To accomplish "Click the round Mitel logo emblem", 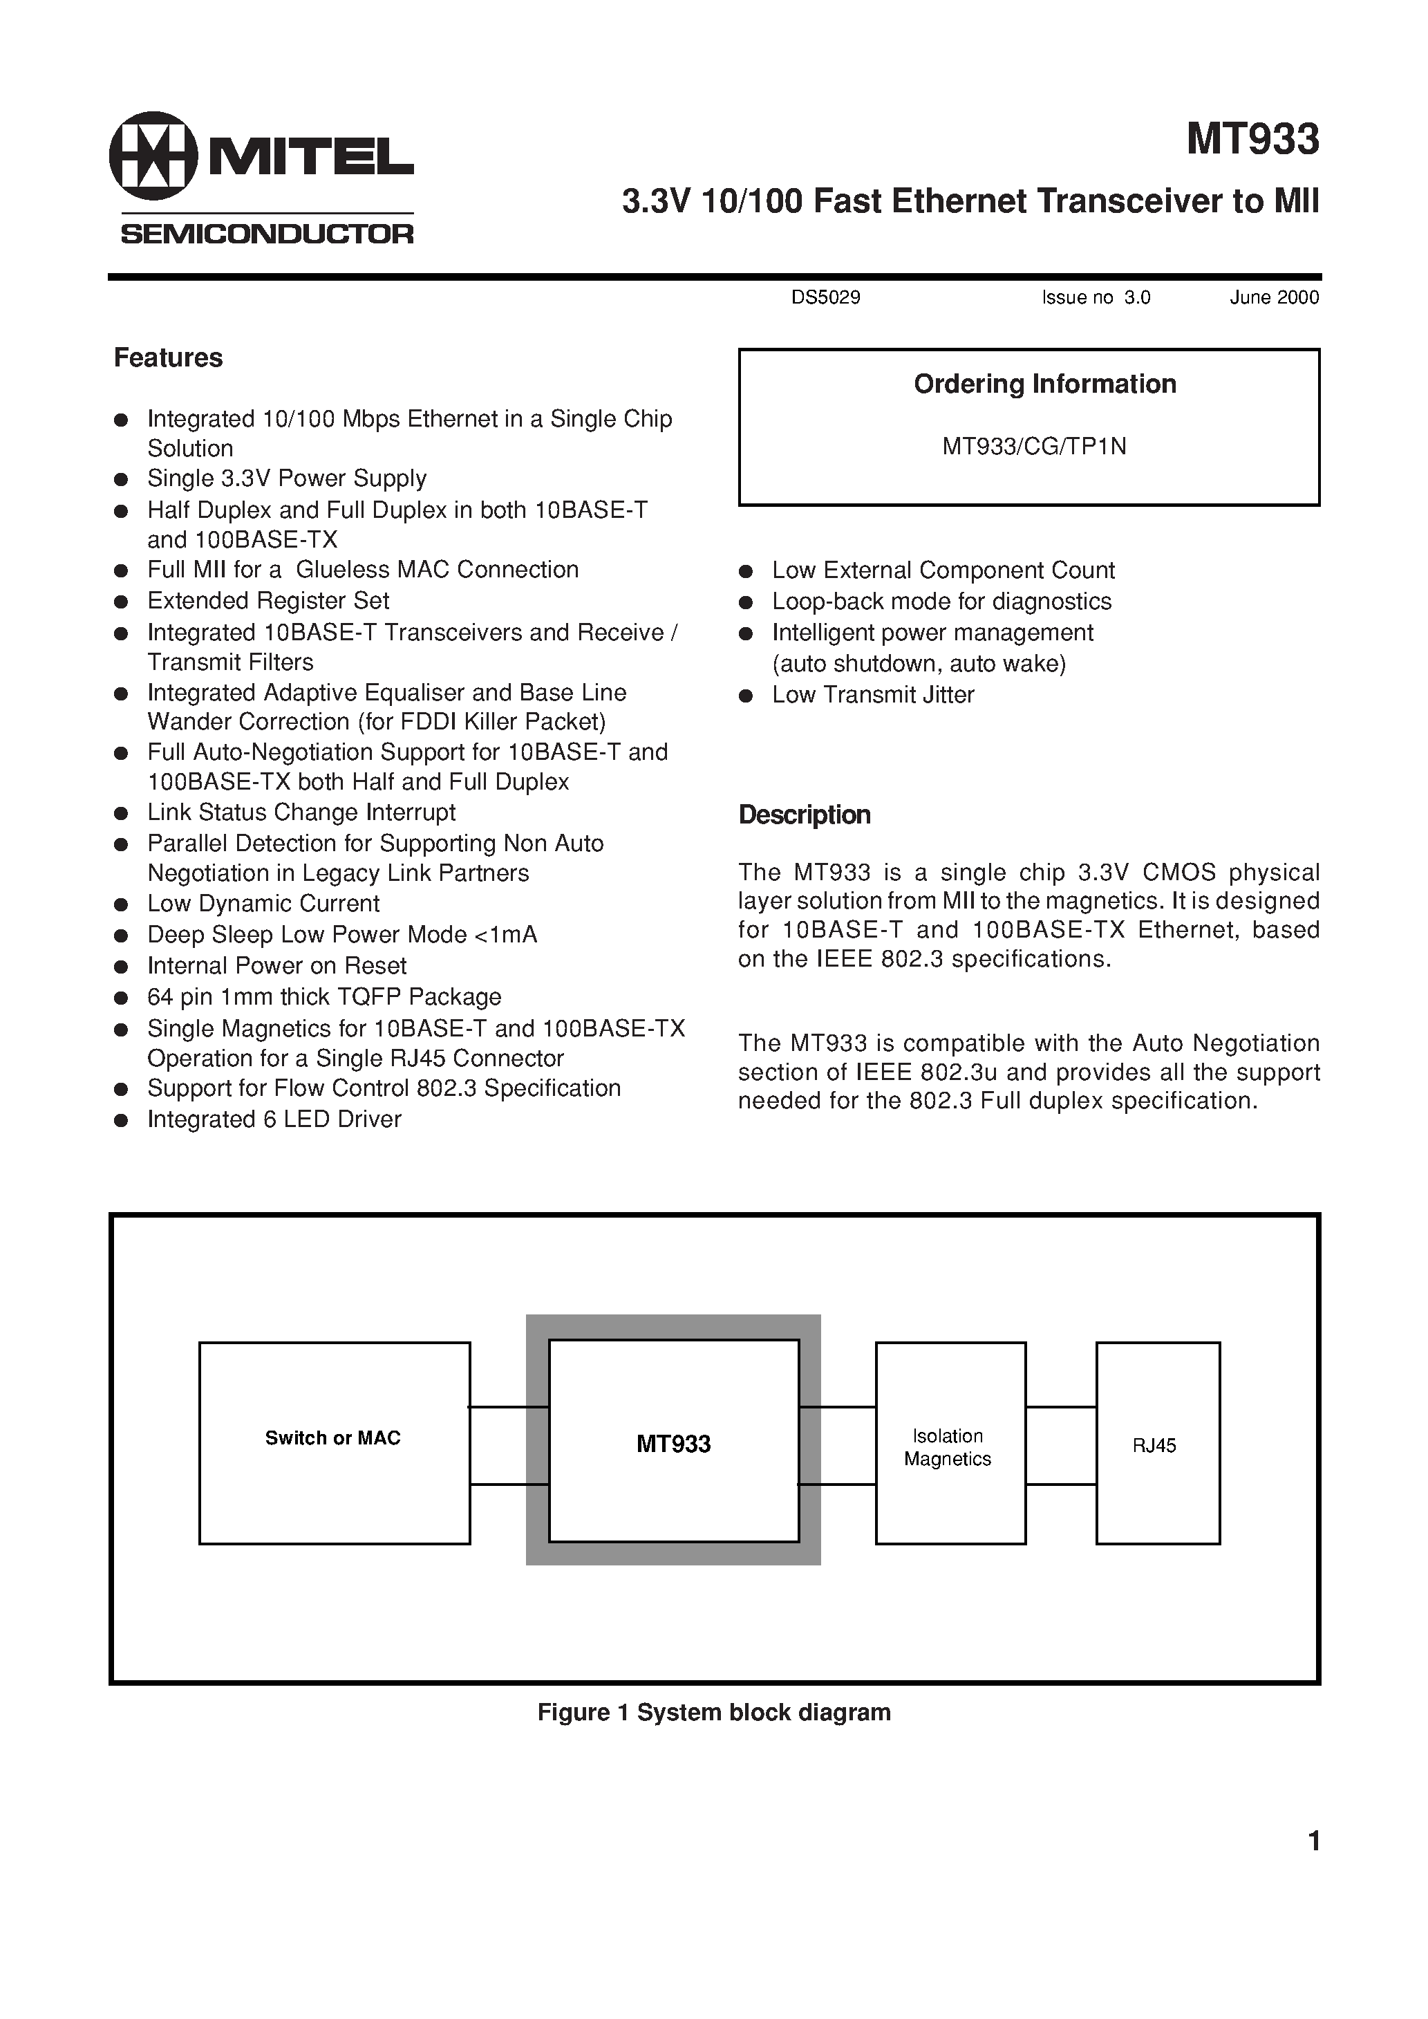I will pyautogui.click(x=153, y=156).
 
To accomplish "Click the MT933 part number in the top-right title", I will pyautogui.click(x=1252, y=139).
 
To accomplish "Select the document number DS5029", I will pyautogui.click(x=826, y=297).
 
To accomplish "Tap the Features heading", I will pyautogui.click(x=168, y=358).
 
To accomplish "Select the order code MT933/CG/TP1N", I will pyautogui.click(x=1034, y=447).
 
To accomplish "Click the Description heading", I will pyautogui.click(x=804, y=815).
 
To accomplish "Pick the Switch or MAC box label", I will pyautogui.click(x=332, y=1438).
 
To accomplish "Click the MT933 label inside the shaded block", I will pyautogui.click(x=673, y=1443).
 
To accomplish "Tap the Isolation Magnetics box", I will pyautogui.click(x=950, y=1446).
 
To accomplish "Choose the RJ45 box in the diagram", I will pyautogui.click(x=1156, y=1445).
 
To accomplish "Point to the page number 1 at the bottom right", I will pyautogui.click(x=1314, y=1841).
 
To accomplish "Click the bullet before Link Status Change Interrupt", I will pyautogui.click(x=122, y=813).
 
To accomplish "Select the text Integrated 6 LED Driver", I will pyautogui.click(x=274, y=1119).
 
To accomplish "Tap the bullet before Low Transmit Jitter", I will pyautogui.click(x=746, y=696).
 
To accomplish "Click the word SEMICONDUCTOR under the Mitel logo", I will pyautogui.click(x=266, y=234).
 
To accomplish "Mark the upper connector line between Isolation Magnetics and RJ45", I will pyautogui.click(x=1060, y=1407).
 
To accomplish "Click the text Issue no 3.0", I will pyautogui.click(x=1096, y=297).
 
